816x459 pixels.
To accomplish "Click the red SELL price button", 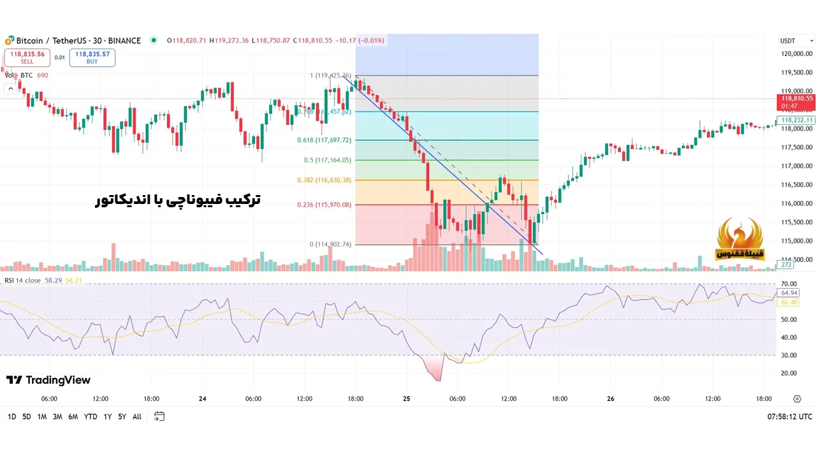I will tap(27, 57).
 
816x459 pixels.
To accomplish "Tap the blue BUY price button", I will tap(92, 57).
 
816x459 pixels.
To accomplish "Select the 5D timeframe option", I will tap(26, 416).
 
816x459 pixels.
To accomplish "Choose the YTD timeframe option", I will tap(91, 416).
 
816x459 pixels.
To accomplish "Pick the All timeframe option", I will tap(137, 416).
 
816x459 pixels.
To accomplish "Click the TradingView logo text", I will tap(48, 380).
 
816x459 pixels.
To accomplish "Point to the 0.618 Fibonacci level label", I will tap(324, 140).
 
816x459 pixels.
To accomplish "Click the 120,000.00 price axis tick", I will tap(796, 54).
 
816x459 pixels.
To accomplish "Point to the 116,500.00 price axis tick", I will tap(796, 185).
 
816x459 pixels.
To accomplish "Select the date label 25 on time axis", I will tap(407, 399).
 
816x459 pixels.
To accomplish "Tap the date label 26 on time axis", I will tap(611, 399).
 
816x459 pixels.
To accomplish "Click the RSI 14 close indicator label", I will tap(23, 280).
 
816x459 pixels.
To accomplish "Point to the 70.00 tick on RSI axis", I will tap(789, 284).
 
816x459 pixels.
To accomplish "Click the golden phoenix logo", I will tap(740, 239).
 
